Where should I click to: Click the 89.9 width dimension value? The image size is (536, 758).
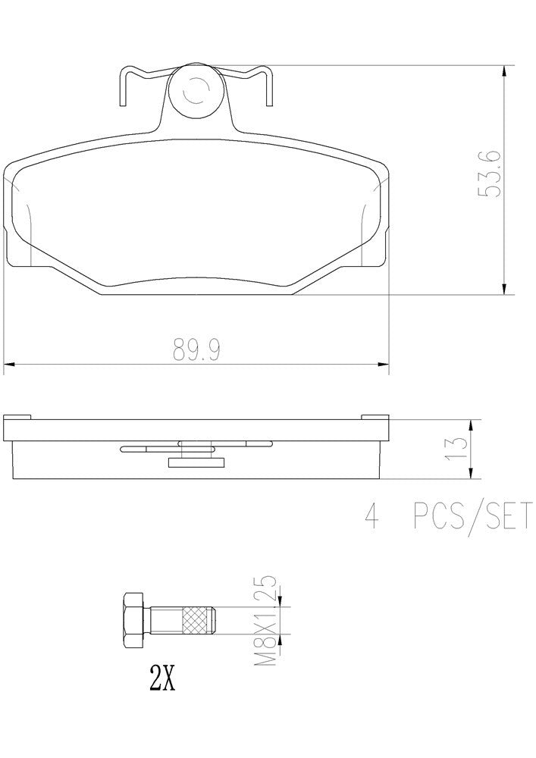(195, 350)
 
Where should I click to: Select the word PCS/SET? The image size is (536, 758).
(473, 520)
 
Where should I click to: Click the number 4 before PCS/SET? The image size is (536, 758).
(371, 520)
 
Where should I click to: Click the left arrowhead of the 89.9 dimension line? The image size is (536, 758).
(9, 367)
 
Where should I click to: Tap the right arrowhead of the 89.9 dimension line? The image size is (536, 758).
(384, 367)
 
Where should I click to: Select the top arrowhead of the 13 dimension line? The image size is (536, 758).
(472, 425)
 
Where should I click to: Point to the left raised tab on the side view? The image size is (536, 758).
(17, 416)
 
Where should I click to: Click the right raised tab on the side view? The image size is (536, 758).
(375, 416)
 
